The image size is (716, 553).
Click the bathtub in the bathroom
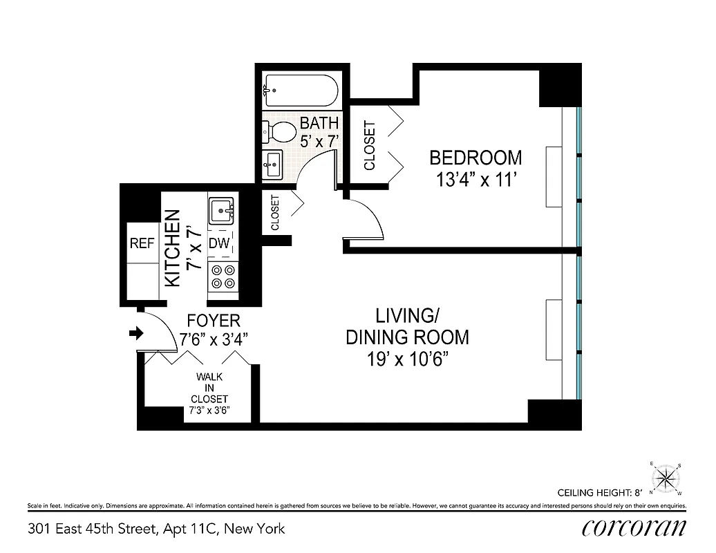pyautogui.click(x=300, y=91)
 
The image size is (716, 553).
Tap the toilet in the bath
pyautogui.click(x=280, y=131)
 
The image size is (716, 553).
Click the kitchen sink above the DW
pyautogui.click(x=222, y=209)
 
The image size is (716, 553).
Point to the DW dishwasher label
pyautogui.click(x=219, y=243)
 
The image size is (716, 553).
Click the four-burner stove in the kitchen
pyautogui.click(x=223, y=276)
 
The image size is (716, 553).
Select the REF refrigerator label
pyautogui.click(x=142, y=243)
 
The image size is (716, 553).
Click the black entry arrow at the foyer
pyautogui.click(x=136, y=334)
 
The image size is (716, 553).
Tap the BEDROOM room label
pyautogui.click(x=475, y=158)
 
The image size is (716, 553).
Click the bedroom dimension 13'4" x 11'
pyautogui.click(x=475, y=180)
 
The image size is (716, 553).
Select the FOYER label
pyautogui.click(x=214, y=321)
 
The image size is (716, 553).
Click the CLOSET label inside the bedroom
pyautogui.click(x=369, y=146)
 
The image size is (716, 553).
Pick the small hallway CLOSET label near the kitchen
pyautogui.click(x=275, y=213)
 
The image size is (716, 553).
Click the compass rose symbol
pyautogui.click(x=666, y=478)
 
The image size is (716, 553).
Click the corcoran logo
pyautogui.click(x=634, y=528)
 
